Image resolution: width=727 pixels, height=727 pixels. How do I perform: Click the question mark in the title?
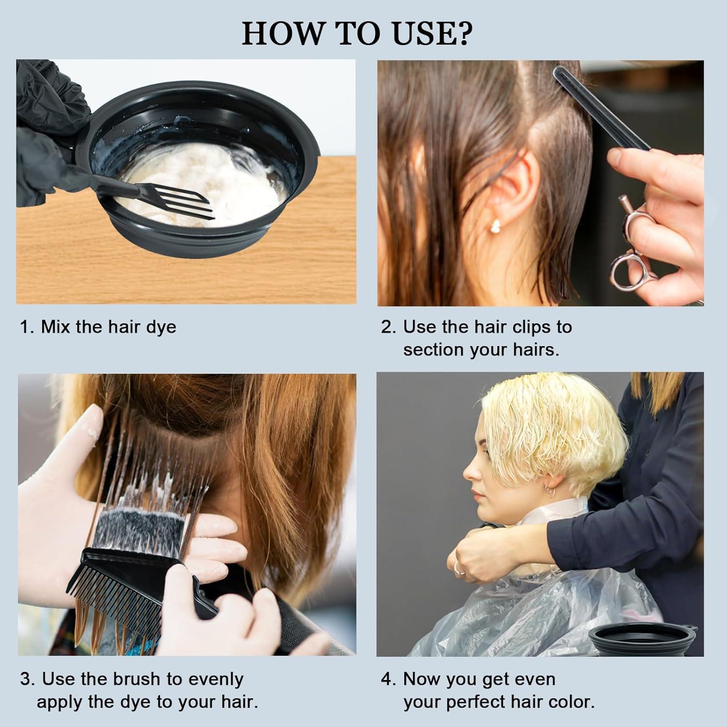(460, 33)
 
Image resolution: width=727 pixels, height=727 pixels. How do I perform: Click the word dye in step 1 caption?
(161, 328)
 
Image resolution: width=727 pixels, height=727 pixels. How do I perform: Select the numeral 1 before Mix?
(24, 328)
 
